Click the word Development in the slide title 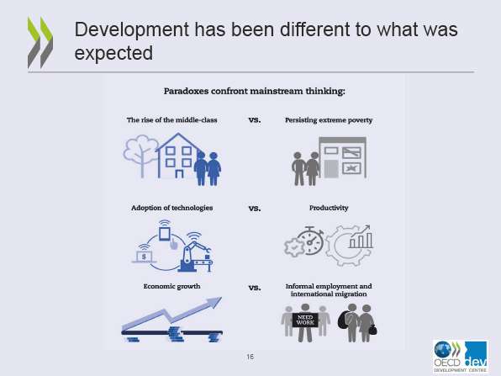(x=132, y=30)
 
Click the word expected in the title (x=113, y=53)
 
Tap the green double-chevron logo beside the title (x=40, y=42)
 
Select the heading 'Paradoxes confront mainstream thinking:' (x=255, y=92)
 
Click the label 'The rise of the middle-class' (x=171, y=120)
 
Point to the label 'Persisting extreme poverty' (x=329, y=120)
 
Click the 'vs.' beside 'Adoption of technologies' (x=255, y=209)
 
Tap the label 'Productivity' (x=329, y=208)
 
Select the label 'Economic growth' (x=171, y=287)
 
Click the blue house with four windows (x=178, y=156)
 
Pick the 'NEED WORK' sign (x=305, y=320)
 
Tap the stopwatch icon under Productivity (x=310, y=241)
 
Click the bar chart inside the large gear (x=361, y=237)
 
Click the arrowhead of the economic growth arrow (x=214, y=302)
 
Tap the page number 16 (x=250, y=357)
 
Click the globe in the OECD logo (x=442, y=349)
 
